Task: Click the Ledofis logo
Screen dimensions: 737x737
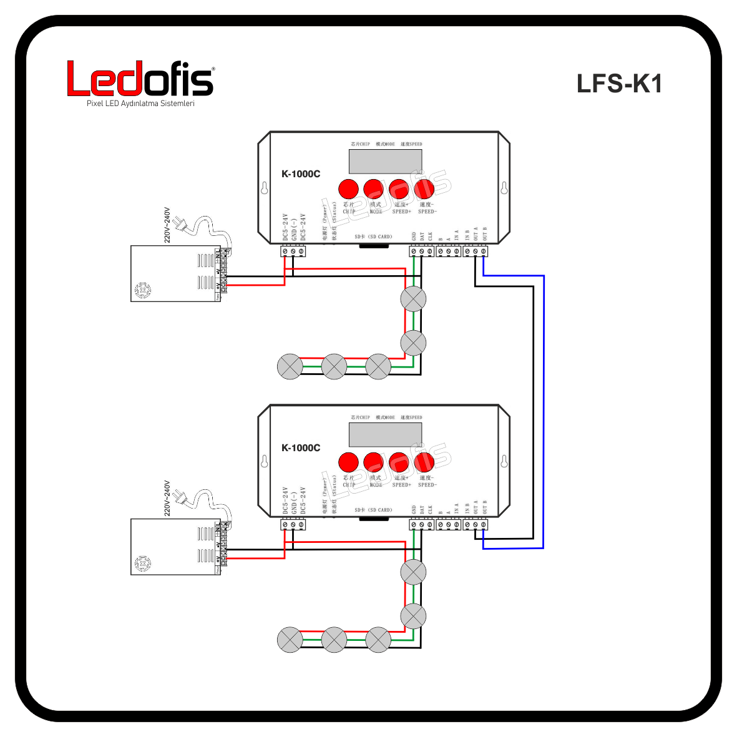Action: (x=140, y=79)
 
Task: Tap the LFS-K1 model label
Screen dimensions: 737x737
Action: (x=618, y=84)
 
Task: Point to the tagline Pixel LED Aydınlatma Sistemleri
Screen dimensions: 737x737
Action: (x=140, y=104)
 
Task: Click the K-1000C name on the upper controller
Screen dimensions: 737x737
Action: (x=301, y=174)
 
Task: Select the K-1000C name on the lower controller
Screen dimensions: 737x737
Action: (x=301, y=447)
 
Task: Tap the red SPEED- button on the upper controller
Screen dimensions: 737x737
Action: (x=424, y=188)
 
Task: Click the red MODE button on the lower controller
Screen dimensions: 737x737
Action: (x=374, y=462)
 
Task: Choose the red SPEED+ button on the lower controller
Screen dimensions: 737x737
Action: (x=399, y=462)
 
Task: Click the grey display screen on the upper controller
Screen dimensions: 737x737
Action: (x=385, y=161)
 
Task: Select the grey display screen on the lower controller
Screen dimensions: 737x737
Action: (x=385, y=434)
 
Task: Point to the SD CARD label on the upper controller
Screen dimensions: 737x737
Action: (x=373, y=237)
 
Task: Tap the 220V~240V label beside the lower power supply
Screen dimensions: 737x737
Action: (x=167, y=498)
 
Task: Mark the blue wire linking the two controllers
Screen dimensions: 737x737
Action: (x=544, y=412)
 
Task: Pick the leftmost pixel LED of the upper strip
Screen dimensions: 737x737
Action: (x=290, y=366)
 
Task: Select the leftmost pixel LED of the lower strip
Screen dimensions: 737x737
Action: (x=290, y=640)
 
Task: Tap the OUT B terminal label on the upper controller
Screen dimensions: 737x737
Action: (x=484, y=234)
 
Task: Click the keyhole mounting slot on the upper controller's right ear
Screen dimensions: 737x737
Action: (x=504, y=188)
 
